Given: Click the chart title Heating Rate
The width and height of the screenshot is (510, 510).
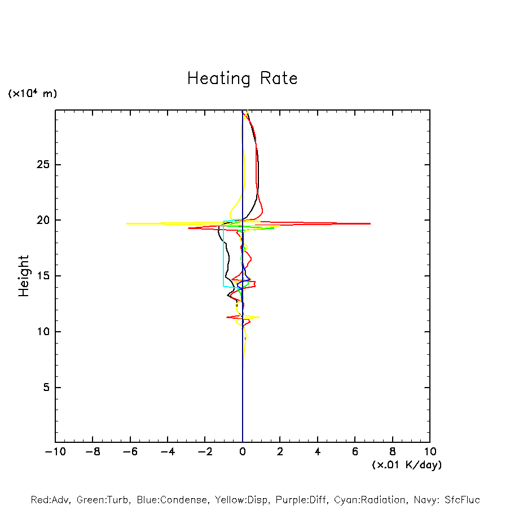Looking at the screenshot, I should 242,78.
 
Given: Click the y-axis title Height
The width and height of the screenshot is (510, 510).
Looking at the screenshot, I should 24,276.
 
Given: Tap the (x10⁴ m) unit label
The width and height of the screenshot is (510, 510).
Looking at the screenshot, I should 32,94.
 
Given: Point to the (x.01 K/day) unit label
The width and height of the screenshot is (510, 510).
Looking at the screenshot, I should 406,465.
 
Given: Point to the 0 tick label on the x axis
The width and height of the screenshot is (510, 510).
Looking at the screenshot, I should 243,452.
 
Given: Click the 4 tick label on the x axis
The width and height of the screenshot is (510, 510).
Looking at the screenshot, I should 318,452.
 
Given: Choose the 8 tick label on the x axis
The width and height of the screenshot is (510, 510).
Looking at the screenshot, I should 393,452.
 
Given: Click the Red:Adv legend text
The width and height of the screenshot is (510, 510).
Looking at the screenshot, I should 50,500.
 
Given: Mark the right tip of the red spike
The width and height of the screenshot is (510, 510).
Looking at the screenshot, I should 370,223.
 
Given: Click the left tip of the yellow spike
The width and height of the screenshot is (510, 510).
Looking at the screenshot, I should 126,223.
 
